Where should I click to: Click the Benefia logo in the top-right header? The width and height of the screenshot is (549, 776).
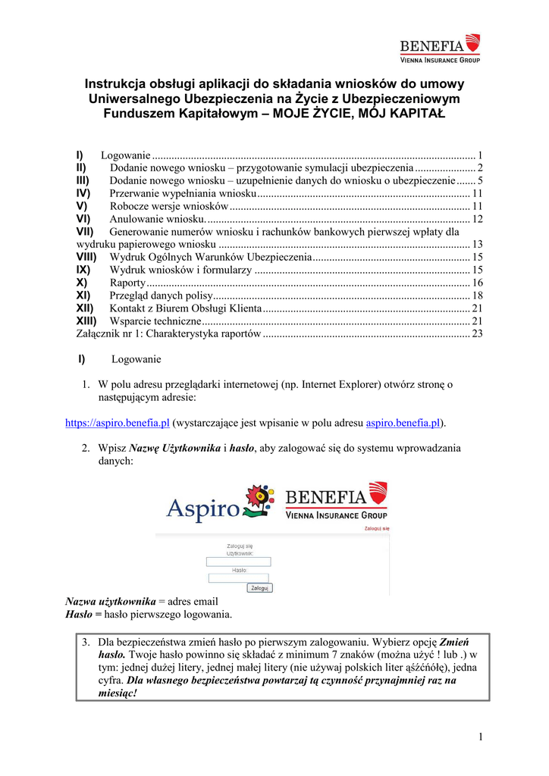pyautogui.click(x=440, y=48)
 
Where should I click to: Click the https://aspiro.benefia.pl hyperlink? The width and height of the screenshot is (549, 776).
pyautogui.click(x=118, y=422)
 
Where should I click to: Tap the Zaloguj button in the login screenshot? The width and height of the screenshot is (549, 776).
pyautogui.click(x=259, y=587)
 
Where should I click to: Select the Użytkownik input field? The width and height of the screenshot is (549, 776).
pyautogui.click(x=238, y=562)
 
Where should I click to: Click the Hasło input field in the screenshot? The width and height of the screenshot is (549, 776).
pyautogui.click(x=238, y=577)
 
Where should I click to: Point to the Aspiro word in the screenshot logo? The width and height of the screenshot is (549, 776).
pyautogui.click(x=202, y=508)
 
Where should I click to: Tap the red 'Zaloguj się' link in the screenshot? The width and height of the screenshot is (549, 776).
pyautogui.click(x=377, y=528)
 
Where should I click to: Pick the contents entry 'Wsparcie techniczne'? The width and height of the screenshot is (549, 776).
pyautogui.click(x=155, y=321)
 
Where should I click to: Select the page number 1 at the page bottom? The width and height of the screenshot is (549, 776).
pyautogui.click(x=481, y=737)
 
